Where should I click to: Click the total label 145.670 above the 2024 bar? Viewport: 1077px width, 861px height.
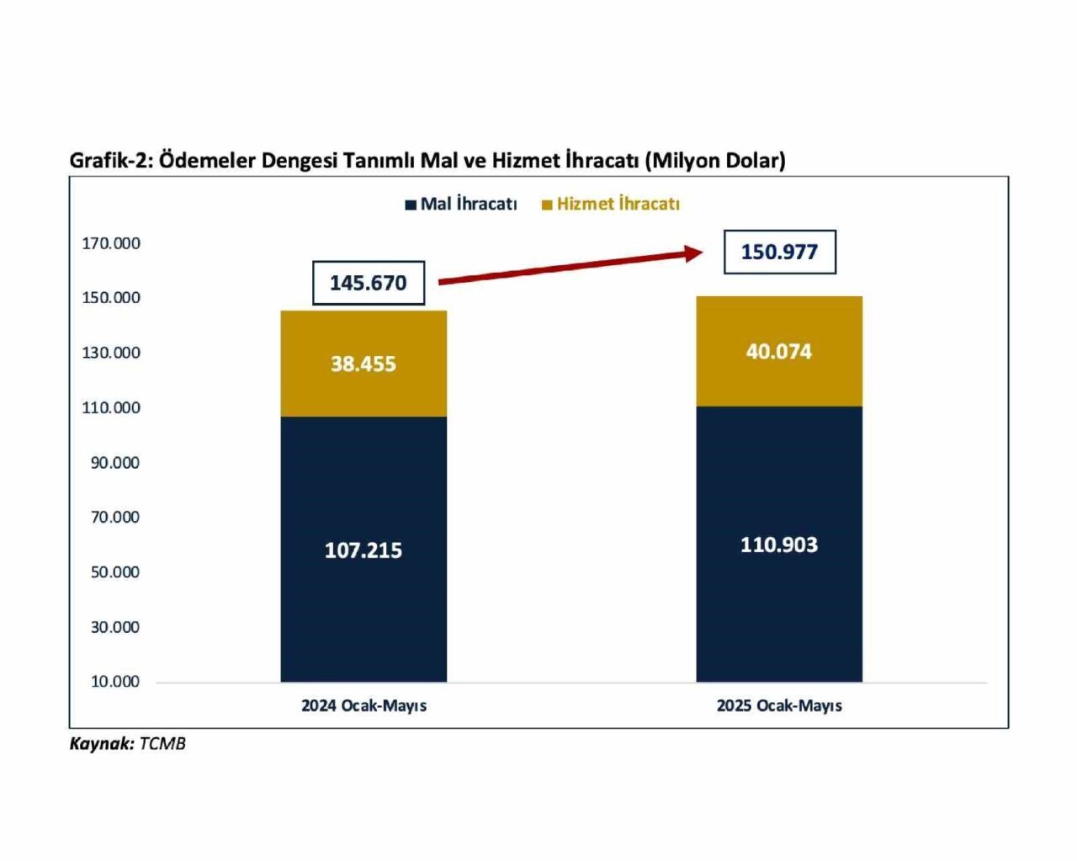pyautogui.click(x=368, y=283)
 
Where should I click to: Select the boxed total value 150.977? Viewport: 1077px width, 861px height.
pyautogui.click(x=779, y=252)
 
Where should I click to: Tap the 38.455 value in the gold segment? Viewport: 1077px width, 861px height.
pyautogui.click(x=363, y=364)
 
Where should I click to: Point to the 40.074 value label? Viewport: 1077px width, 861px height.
pyautogui.click(x=778, y=352)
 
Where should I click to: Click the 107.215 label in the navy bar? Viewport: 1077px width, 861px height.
pyautogui.click(x=363, y=550)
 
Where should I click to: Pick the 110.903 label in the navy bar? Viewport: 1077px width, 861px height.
pyautogui.click(x=778, y=545)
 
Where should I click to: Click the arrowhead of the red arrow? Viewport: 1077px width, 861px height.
pyautogui.click(x=695, y=252)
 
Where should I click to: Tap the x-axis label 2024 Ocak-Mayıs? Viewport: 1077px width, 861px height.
pyautogui.click(x=363, y=706)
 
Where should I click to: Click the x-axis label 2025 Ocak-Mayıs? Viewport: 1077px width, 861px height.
pyautogui.click(x=779, y=706)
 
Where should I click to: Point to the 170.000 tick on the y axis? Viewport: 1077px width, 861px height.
pyautogui.click(x=111, y=243)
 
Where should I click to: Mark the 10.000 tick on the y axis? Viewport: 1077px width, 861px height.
pyautogui.click(x=115, y=682)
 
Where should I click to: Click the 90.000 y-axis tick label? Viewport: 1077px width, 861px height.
pyautogui.click(x=115, y=463)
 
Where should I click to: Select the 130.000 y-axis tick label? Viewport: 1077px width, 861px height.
pyautogui.click(x=111, y=353)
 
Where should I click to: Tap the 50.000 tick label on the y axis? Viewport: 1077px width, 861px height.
pyautogui.click(x=115, y=572)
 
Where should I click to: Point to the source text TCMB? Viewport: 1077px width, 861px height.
pyautogui.click(x=162, y=744)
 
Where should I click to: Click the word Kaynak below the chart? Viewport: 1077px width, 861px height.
pyautogui.click(x=101, y=744)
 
